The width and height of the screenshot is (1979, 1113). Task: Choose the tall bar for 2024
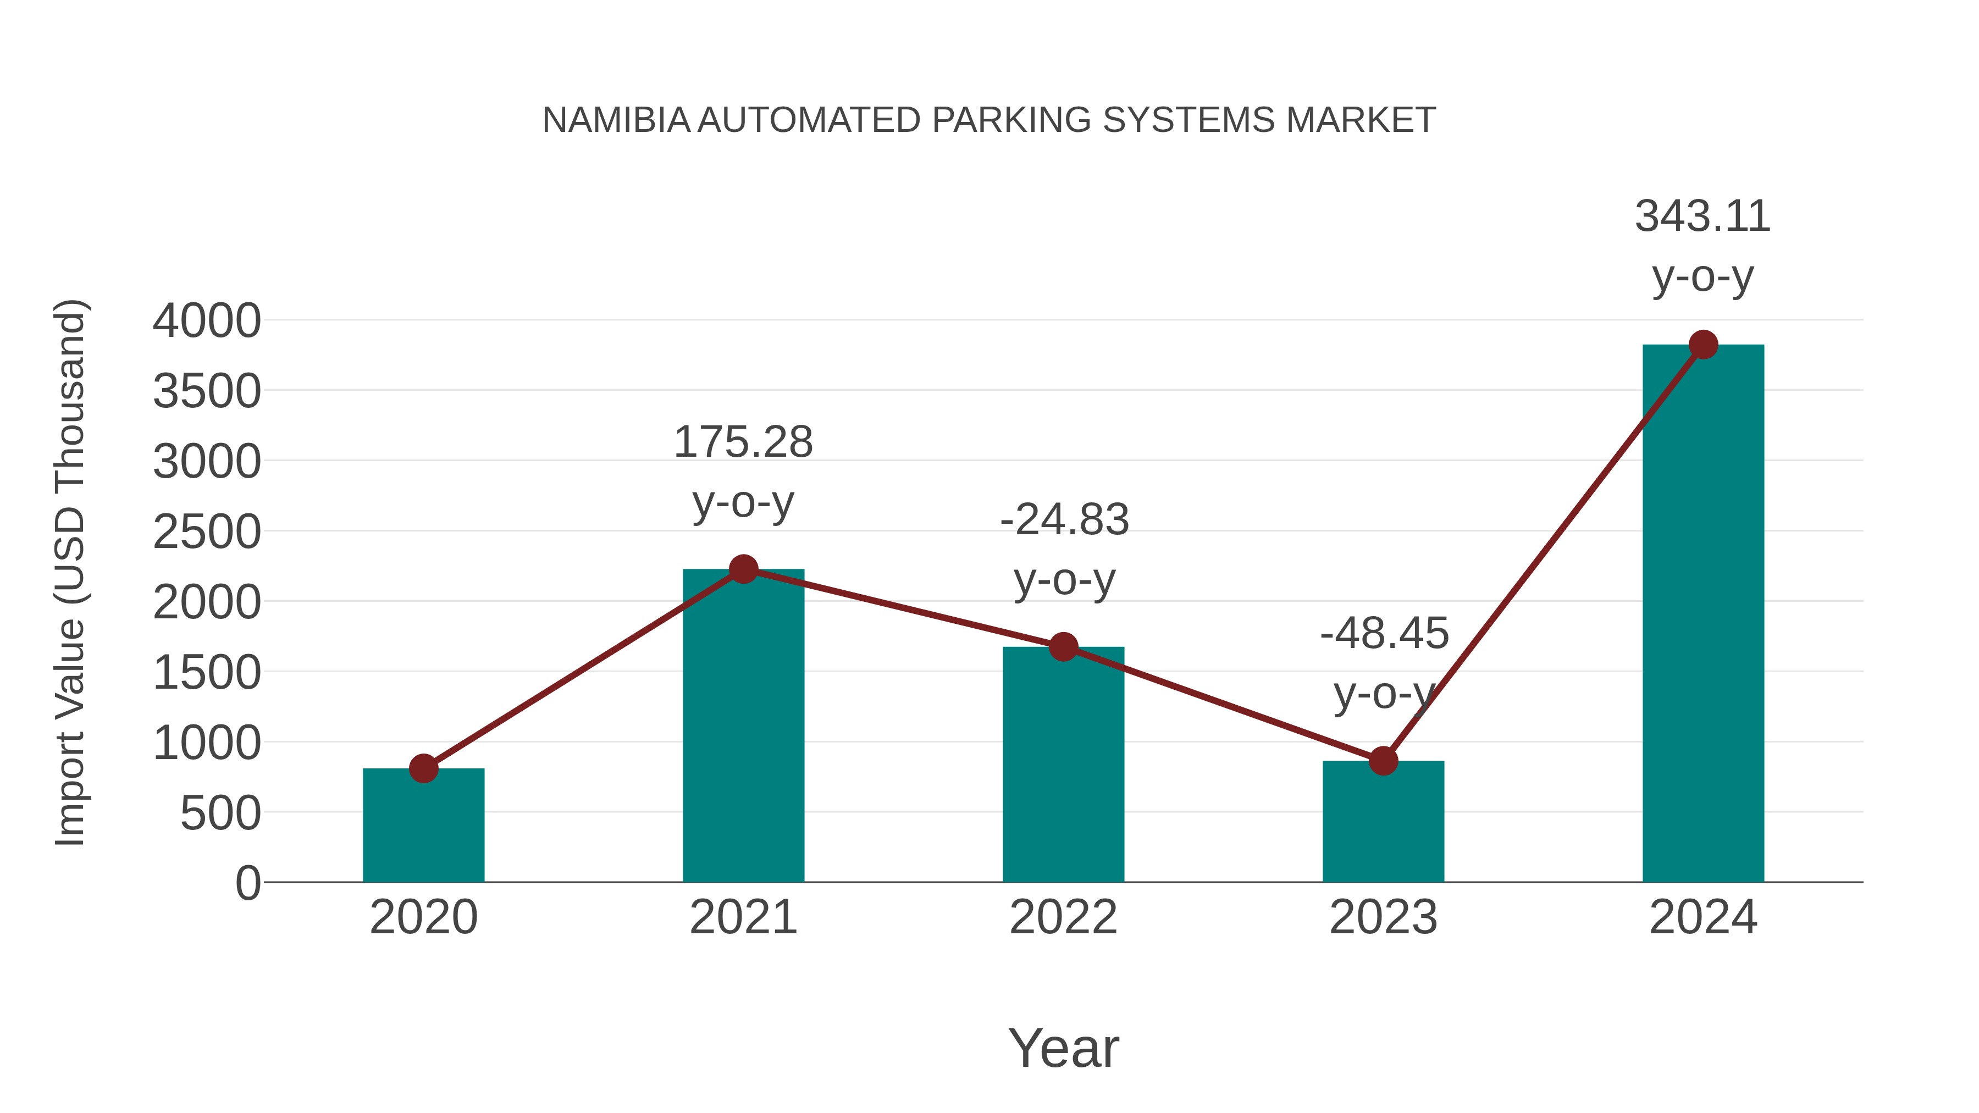pos(1702,614)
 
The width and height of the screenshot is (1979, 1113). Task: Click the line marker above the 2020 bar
pos(423,768)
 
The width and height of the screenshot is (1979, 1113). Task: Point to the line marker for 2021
pos(743,569)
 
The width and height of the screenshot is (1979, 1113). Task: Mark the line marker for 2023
pos(1383,761)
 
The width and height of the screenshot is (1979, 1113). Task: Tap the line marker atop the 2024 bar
pos(1703,345)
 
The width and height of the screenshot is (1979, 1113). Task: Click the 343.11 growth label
pos(1702,217)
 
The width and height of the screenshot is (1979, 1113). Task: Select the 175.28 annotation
pos(743,442)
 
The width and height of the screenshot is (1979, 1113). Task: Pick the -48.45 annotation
pos(1384,634)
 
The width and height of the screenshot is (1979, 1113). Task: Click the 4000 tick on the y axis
pos(207,321)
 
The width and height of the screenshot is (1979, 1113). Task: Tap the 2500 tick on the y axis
pos(207,532)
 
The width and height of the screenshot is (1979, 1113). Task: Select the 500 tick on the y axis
pos(220,813)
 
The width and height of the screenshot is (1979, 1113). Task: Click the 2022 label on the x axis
pos(1063,917)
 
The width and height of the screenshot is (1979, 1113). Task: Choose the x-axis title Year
pos(1063,1049)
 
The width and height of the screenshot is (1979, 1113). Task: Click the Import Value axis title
pos(70,572)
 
